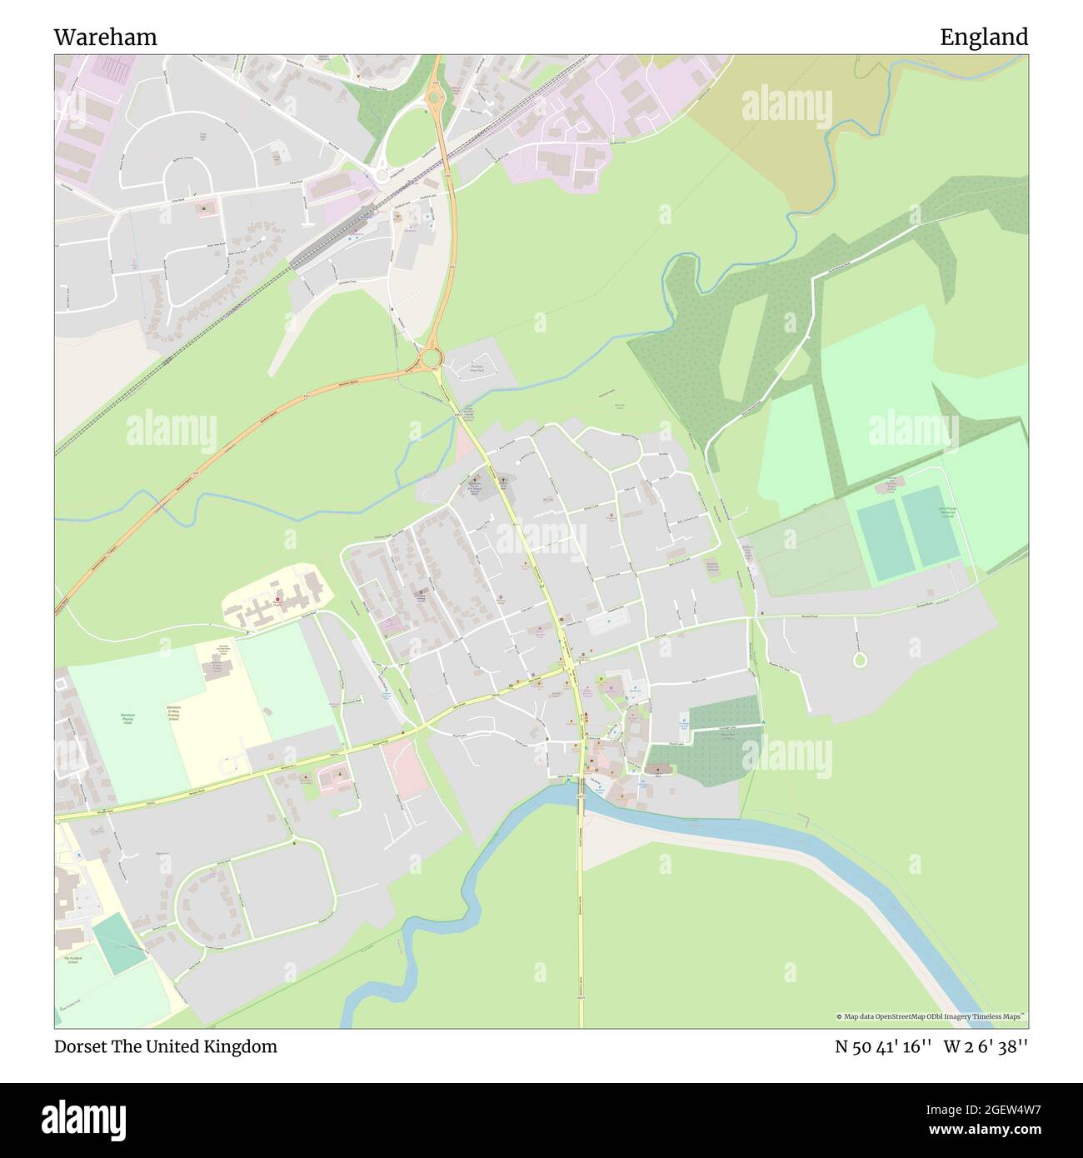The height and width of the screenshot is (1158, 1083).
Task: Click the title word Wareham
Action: pyautogui.click(x=105, y=37)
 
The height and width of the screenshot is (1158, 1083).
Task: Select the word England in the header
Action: pyautogui.click(x=984, y=37)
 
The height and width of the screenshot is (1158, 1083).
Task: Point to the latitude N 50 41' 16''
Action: pyautogui.click(x=883, y=1047)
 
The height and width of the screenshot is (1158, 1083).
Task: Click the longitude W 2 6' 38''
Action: pyautogui.click(x=986, y=1047)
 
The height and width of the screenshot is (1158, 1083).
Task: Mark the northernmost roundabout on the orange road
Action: pyautogui.click(x=432, y=99)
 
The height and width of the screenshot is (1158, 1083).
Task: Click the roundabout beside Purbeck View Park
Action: pyautogui.click(x=430, y=359)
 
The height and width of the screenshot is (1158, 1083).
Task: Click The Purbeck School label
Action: pyautogui.click(x=72, y=961)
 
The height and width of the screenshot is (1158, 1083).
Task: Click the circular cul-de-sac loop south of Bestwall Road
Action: pyautogui.click(x=860, y=660)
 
